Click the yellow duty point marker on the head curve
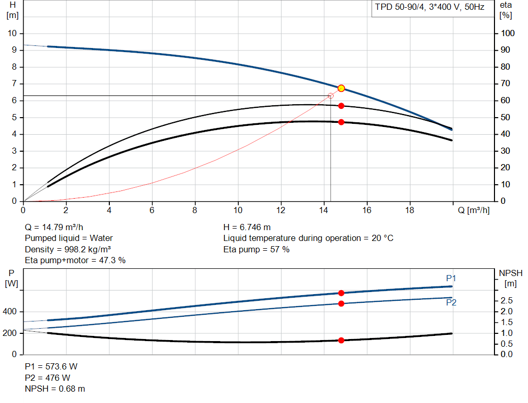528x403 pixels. pos(341,88)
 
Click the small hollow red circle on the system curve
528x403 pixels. pos(331,96)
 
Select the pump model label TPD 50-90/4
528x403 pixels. pos(429,8)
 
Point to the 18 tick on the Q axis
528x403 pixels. pos(409,210)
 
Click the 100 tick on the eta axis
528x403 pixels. pos(508,34)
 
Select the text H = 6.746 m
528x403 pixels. pos(247,227)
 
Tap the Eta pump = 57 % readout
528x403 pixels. pos(256,249)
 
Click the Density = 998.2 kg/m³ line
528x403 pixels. pos(68,249)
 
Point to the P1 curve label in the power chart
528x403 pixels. pos(451,279)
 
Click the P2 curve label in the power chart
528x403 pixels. pos(451,302)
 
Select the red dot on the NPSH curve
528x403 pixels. pos(341,340)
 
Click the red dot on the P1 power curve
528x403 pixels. pos(341,293)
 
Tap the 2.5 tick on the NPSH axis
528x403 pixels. pos(506,300)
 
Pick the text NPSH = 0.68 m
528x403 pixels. pos(55,389)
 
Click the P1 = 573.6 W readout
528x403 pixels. pos(52,366)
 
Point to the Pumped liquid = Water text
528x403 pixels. pos(69,238)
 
